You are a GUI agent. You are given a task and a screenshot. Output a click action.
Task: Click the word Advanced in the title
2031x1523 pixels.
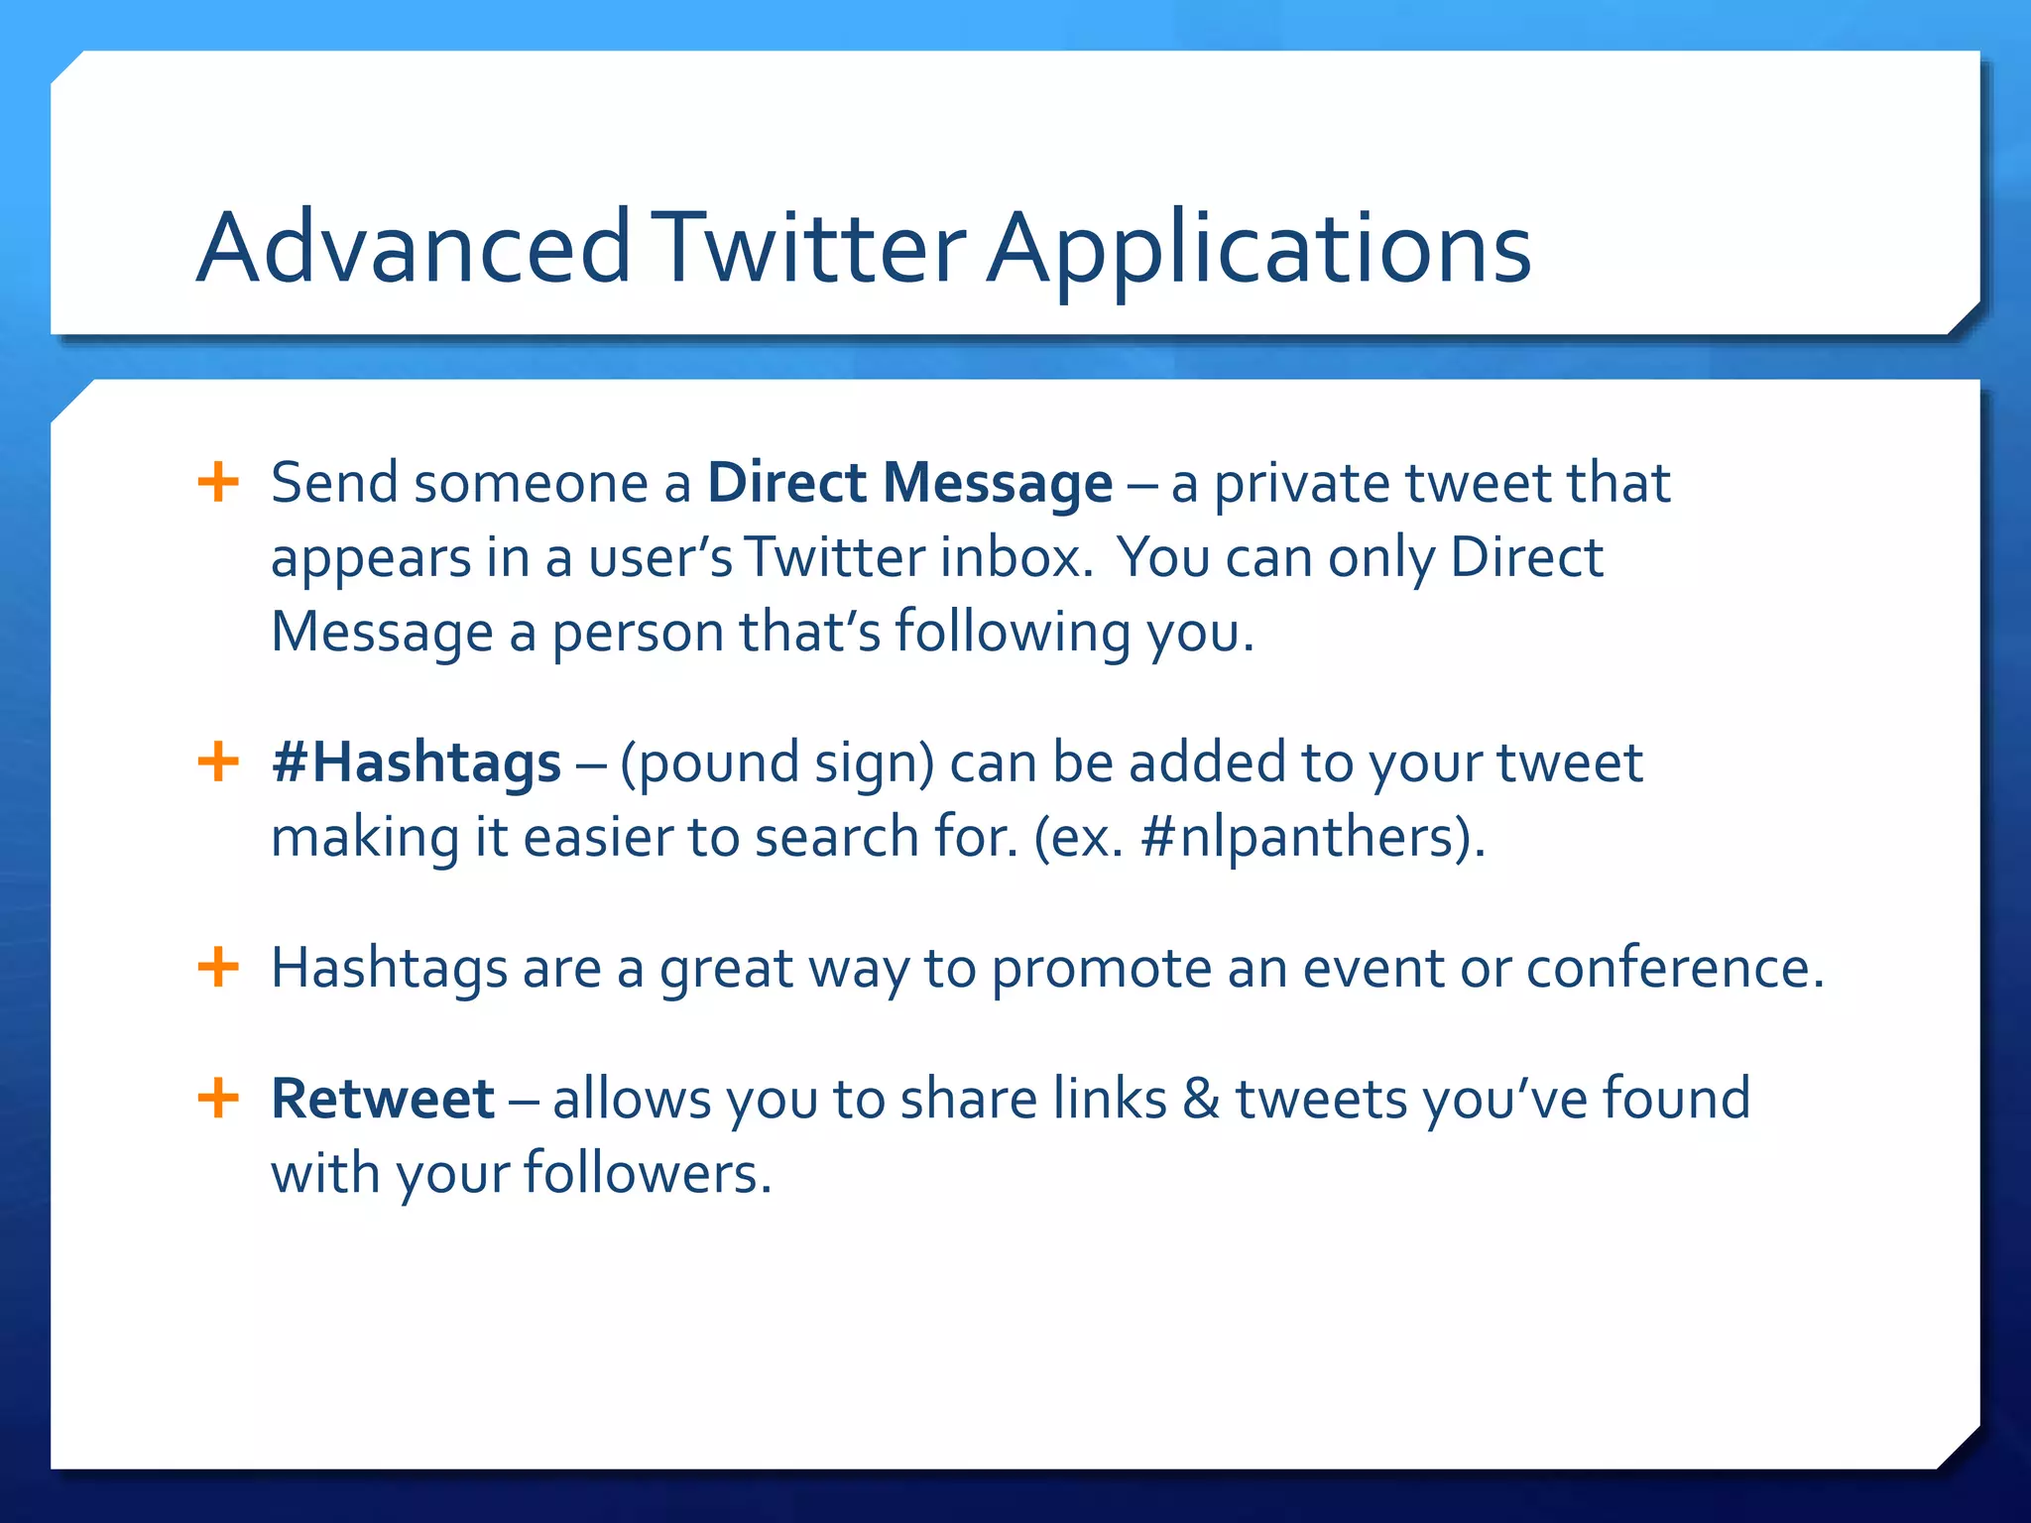point(414,248)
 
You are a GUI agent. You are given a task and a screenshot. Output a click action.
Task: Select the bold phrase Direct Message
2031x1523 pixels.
point(909,483)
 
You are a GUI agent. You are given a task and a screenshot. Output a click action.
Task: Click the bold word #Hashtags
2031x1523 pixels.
point(417,762)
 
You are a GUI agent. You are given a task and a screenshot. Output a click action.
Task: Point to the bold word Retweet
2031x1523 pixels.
point(383,1099)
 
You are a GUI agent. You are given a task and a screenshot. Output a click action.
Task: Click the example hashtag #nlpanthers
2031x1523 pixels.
point(1304,837)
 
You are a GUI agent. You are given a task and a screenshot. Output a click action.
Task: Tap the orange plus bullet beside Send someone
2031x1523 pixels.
point(218,483)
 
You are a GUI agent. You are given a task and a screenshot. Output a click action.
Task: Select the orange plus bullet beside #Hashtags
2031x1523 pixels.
point(218,762)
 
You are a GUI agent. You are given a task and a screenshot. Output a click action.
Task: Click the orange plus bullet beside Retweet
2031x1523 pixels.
point(218,1099)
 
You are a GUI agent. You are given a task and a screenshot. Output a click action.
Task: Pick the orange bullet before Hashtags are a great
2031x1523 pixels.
point(218,967)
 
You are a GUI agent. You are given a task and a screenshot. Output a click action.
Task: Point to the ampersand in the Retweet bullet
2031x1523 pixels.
point(1201,1099)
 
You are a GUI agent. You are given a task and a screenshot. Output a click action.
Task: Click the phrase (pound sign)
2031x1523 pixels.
point(777,764)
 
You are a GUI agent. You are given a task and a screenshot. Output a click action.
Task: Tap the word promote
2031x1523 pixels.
point(1101,970)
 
